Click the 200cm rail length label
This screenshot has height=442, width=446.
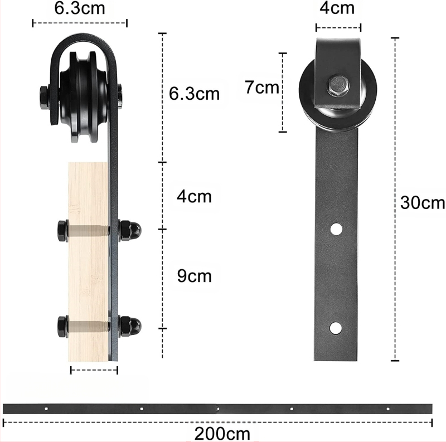coord(222,434)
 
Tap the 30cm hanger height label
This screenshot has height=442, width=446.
coord(423,203)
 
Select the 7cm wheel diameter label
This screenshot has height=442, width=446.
coord(261,87)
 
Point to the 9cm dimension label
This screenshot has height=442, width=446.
coord(194,275)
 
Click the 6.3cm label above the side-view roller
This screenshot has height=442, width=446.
coord(80,8)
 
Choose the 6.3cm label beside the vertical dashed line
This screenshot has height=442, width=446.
coord(194,94)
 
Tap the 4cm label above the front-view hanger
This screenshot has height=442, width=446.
coord(337,8)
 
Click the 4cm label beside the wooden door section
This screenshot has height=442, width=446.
coord(194,196)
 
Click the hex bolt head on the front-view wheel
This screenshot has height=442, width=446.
coord(338,85)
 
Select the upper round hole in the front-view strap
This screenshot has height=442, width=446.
coord(336,229)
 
